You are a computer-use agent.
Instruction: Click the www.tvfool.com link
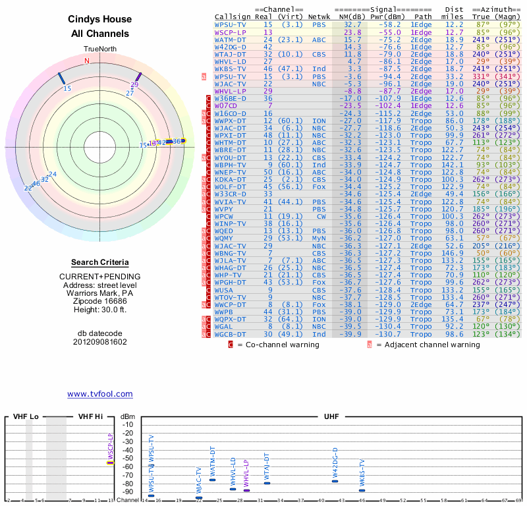pos(99,394)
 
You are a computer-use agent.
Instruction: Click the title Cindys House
pos(100,19)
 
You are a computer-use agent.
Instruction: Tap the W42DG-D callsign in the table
pos(231,47)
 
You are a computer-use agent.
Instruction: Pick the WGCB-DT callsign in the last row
pos(231,334)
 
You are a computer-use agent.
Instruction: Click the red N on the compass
pos(86,61)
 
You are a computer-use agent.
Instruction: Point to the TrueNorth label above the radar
pos(100,49)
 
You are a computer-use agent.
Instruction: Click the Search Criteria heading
pos(100,262)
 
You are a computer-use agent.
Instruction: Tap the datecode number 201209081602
pos(100,342)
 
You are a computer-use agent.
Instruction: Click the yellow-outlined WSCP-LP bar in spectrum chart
pos(111,463)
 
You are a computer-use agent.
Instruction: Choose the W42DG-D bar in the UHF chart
pos(335,481)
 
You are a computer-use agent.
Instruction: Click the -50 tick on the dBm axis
pos(128,458)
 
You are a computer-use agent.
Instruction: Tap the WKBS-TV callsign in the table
pos(230,69)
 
